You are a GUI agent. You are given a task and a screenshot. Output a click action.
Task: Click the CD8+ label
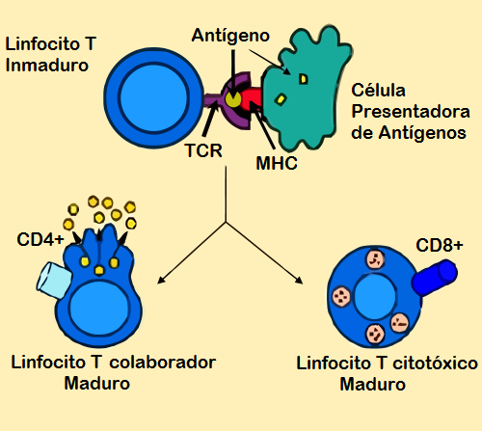coord(440,246)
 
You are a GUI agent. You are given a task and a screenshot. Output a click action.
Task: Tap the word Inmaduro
coord(47,66)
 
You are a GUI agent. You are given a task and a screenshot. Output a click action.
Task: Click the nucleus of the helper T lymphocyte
coord(94,304)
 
